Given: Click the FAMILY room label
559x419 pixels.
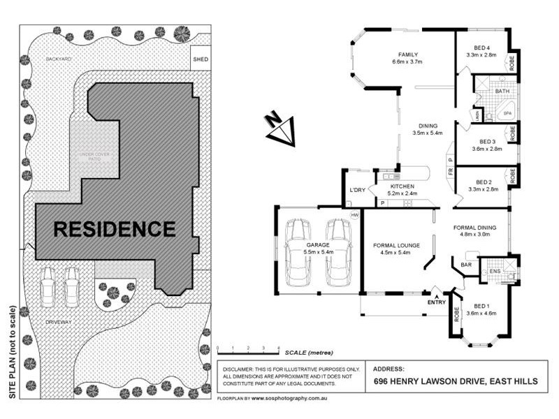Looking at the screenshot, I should click(x=407, y=54).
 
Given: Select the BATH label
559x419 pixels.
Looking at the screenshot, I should click(x=502, y=91).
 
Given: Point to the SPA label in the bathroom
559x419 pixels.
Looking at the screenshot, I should click(x=508, y=112).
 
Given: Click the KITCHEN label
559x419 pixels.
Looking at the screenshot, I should click(x=402, y=186).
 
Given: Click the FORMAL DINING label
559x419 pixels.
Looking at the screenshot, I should click(x=474, y=227).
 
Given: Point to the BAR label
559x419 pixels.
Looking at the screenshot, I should click(x=466, y=265).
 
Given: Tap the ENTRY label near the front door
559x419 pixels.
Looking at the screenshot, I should click(x=436, y=302).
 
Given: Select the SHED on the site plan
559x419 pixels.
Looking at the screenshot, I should click(x=200, y=59).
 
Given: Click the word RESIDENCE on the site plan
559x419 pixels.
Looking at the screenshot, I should click(x=115, y=228).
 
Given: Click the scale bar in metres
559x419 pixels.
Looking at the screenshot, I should click(x=248, y=347).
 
